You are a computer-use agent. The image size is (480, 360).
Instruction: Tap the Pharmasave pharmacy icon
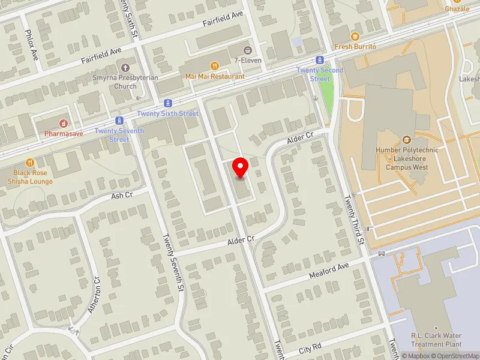coord(63,123)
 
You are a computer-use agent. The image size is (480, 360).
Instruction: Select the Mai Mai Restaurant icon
coord(214,67)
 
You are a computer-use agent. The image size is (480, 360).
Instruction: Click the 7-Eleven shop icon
coord(247,49)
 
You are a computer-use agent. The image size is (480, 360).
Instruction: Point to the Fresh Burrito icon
coord(355,37)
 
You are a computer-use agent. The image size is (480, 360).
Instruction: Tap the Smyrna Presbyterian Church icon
coord(125,68)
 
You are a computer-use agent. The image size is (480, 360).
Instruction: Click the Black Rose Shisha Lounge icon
coord(30,163)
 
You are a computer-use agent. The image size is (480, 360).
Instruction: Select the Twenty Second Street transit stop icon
coord(320,60)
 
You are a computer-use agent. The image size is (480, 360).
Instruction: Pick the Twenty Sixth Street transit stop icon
coord(167,103)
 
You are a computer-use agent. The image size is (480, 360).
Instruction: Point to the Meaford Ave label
coord(329,274)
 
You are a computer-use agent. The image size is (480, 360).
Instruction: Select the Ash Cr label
coord(122,196)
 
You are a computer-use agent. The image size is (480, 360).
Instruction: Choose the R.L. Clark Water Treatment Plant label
coord(436,340)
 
